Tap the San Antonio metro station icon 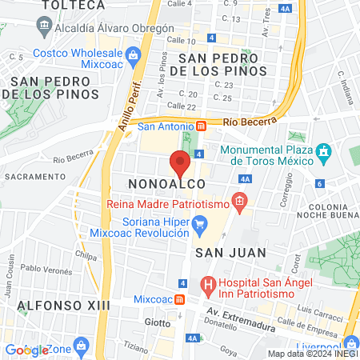point(202,126)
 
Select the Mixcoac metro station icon point(181,300)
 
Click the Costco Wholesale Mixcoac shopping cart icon point(133,55)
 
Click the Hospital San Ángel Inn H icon point(208,283)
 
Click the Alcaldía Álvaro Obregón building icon point(41,26)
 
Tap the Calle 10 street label point(180,40)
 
